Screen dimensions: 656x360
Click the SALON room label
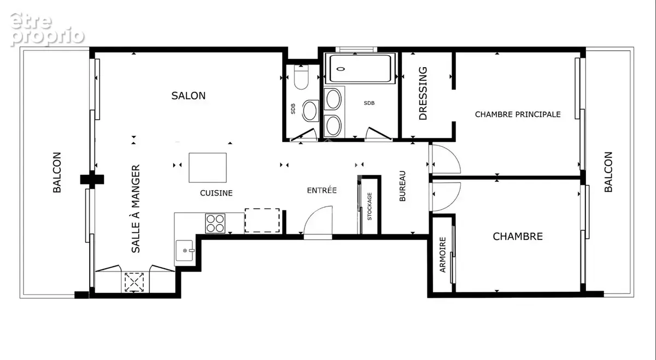click(188, 96)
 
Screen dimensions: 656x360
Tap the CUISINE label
click(216, 193)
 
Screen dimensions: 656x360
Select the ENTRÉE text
click(322, 190)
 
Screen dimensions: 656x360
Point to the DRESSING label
click(423, 93)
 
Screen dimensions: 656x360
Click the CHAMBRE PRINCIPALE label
click(518, 114)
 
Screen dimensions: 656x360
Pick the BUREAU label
click(402, 186)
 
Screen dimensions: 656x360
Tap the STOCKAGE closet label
click(370, 206)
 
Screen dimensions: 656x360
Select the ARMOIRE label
click(442, 255)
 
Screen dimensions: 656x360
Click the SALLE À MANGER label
click(136, 209)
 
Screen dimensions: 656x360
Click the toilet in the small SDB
click(301, 77)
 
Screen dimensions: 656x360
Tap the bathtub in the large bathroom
click(360, 68)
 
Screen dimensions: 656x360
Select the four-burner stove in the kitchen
click(215, 223)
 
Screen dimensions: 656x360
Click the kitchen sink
click(185, 251)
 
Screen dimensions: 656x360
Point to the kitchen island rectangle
click(208, 168)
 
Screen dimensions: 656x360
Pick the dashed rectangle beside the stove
click(262, 220)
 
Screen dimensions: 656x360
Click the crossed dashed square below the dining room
click(134, 282)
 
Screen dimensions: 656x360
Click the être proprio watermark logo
click(47, 29)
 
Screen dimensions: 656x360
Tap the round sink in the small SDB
click(310, 111)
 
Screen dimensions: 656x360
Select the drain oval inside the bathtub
click(340, 69)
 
